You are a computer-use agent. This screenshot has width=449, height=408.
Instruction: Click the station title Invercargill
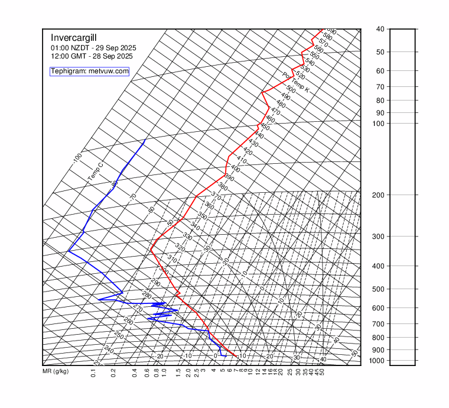pyautogui.click(x=73, y=37)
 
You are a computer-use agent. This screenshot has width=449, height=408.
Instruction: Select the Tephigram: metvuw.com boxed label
pyautogui.click(x=89, y=71)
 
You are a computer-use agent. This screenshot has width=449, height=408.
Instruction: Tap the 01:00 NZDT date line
pyautogui.click(x=93, y=47)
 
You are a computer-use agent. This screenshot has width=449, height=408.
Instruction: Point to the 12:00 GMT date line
pyautogui.click(x=92, y=56)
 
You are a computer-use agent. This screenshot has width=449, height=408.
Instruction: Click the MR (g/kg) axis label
pyautogui.click(x=56, y=372)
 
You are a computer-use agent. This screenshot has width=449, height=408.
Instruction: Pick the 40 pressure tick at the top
pyautogui.click(x=380, y=29)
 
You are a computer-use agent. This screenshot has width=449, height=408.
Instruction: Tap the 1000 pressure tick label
pyautogui.click(x=378, y=360)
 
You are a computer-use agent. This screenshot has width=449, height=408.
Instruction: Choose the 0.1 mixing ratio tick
pyautogui.click(x=93, y=373)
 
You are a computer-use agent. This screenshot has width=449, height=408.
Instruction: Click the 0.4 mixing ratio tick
pyautogui.click(x=135, y=373)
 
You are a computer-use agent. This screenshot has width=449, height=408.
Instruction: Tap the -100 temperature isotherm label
pyautogui.click(x=77, y=158)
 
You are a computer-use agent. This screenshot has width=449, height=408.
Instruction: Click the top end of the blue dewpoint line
pyautogui.click(x=145, y=140)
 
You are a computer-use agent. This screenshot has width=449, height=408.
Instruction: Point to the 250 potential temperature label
pyautogui.click(x=119, y=335)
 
